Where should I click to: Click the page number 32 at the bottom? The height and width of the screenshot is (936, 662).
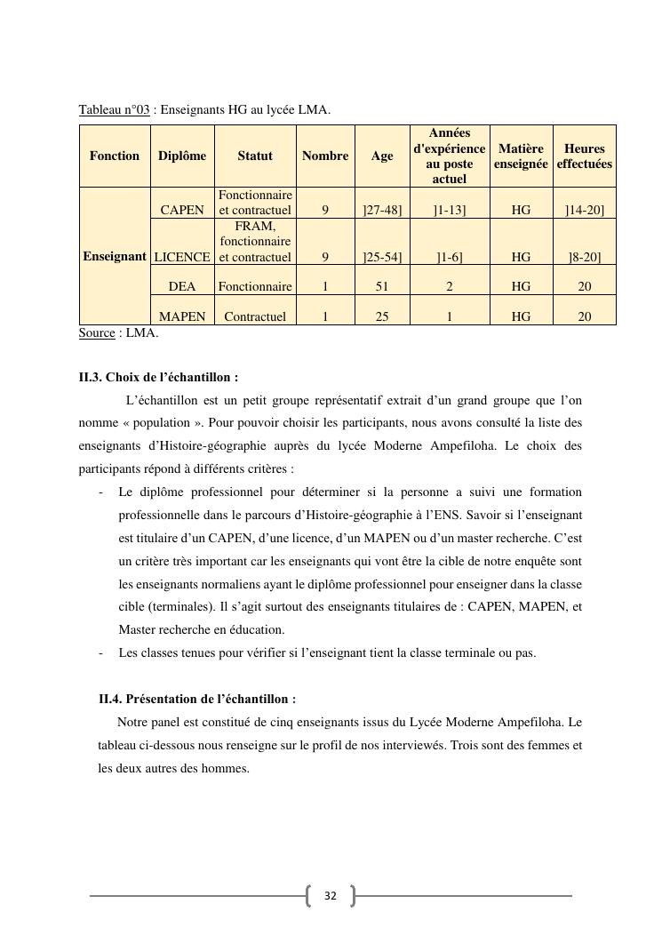tap(331, 896)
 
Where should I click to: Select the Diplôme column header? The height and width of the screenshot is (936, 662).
tap(182, 156)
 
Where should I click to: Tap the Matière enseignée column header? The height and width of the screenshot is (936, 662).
tap(521, 156)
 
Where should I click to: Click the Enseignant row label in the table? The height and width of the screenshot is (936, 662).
tap(115, 256)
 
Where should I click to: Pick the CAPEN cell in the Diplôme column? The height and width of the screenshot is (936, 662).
tap(182, 211)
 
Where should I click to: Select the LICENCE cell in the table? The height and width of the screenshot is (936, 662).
tap(182, 257)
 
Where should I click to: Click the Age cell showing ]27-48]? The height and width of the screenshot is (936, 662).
tap(382, 211)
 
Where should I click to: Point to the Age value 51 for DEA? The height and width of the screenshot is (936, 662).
tap(382, 286)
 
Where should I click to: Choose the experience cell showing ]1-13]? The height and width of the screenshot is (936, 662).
tap(449, 211)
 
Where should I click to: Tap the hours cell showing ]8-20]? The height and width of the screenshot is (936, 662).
tap(584, 257)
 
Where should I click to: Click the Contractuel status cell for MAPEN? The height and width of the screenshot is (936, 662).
tap(255, 316)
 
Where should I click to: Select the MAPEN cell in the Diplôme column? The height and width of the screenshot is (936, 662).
tap(182, 316)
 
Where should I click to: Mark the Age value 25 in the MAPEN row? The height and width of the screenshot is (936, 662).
tap(382, 316)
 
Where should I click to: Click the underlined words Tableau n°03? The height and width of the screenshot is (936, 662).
tap(114, 110)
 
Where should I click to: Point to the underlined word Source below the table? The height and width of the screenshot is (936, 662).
tap(97, 332)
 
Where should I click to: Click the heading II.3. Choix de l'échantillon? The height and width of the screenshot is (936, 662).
tap(158, 377)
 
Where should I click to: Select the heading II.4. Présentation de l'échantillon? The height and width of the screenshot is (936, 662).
tap(197, 700)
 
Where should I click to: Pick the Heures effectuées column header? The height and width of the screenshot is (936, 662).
tap(584, 156)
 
